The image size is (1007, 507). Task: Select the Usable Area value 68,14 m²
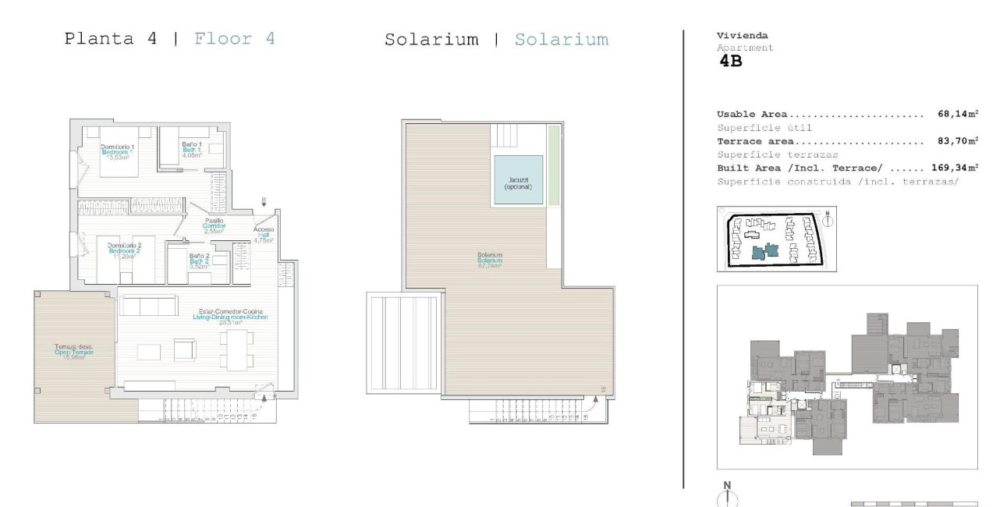coord(957,114)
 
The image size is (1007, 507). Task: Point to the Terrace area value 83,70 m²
coord(957,141)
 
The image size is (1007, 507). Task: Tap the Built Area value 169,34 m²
coord(954,168)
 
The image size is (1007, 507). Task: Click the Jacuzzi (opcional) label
coord(517,183)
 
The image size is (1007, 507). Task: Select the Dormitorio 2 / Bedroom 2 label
coord(124,250)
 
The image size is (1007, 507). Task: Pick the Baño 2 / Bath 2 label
coord(199,261)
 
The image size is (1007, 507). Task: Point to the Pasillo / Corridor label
coord(214,225)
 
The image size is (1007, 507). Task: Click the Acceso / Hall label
coord(264,235)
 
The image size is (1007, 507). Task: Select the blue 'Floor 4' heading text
coord(234,38)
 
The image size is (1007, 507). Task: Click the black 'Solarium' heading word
coord(431,40)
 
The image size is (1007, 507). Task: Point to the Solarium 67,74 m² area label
coord(490,260)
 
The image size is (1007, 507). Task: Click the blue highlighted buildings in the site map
coord(764,251)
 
